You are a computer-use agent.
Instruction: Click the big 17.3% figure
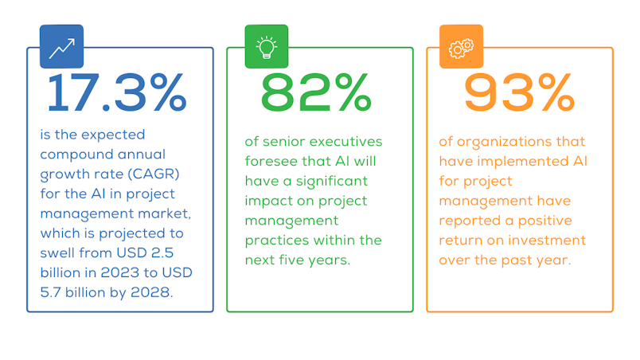point(117,92)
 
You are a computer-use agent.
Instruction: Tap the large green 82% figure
point(316,92)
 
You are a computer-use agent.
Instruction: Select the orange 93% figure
point(519,92)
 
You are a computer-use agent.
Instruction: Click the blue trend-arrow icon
point(61,46)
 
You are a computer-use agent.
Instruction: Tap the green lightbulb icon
point(267,46)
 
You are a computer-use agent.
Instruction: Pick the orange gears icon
point(461,46)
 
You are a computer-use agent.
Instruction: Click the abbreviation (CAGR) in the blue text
point(154,174)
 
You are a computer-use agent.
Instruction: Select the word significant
point(332,182)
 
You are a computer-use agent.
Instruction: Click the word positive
point(545,221)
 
